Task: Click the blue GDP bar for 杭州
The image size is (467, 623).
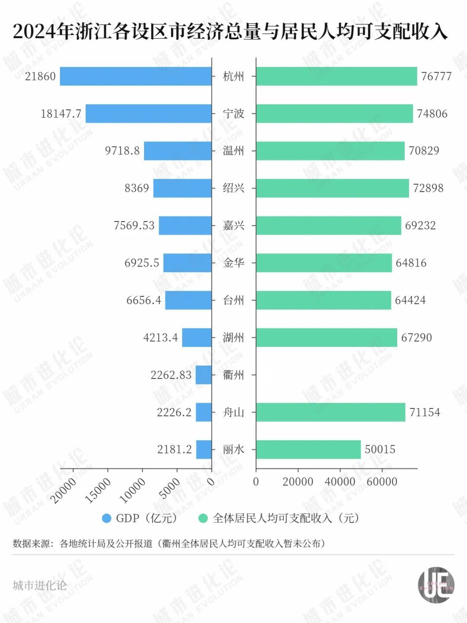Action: pos(136,76)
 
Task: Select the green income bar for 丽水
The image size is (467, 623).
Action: pos(308,450)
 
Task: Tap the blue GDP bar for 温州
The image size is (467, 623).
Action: pos(178,151)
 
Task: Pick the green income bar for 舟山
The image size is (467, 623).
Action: pos(330,412)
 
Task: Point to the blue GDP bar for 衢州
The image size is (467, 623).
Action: pos(204,375)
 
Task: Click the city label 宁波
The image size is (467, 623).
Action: pos(233,114)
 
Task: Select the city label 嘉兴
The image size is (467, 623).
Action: pos(233,225)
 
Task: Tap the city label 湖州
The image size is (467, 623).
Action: pos(233,337)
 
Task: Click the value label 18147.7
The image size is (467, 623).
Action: pos(61,114)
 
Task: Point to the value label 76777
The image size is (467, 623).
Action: pos(436,77)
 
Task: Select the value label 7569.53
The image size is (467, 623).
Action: pos(134,225)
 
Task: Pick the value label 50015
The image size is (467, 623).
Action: pos(380,450)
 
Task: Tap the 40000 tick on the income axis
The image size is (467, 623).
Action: pos(340,482)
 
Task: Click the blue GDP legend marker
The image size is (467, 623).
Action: pos(106,518)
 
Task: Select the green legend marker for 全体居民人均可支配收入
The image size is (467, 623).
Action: pos(203,518)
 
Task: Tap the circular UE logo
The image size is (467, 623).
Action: pos(436,585)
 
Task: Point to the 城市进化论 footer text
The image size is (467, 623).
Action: pos(40,585)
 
